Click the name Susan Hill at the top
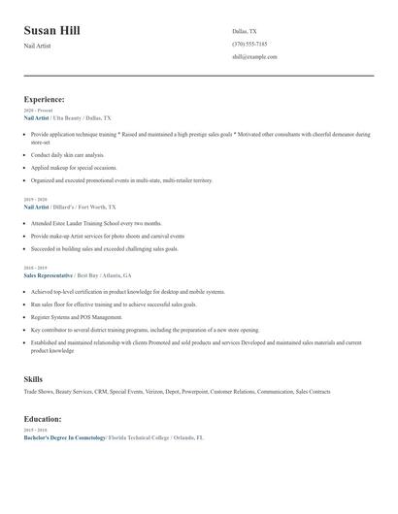pos(52,30)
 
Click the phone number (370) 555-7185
pos(249,44)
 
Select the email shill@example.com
pos(254,56)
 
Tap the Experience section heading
pos(45,99)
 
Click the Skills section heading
pos(33,378)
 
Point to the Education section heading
pos(43,419)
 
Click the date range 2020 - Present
pos(39,111)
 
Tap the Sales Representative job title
pos(49,274)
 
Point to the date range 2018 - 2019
pos(36,268)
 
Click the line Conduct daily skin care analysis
pos(67,154)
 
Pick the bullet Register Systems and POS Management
pos(77,316)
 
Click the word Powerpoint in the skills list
pos(193,392)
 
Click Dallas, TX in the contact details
pos(245,31)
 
